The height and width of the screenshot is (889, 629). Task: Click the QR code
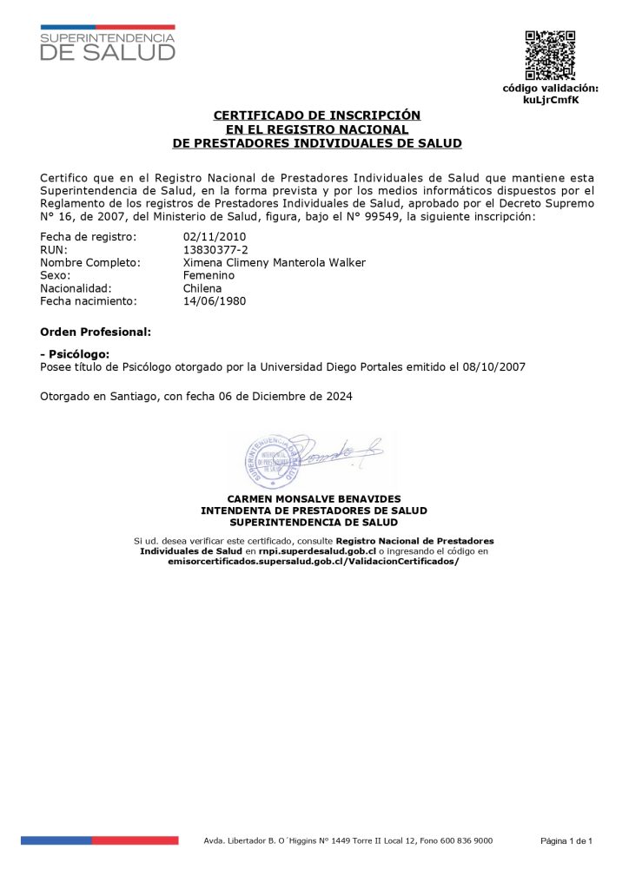(550, 55)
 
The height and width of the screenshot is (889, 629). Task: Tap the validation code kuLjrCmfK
(551, 100)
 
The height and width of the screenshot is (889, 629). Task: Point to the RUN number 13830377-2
(214, 249)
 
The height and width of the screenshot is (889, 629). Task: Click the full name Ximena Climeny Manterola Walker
(275, 262)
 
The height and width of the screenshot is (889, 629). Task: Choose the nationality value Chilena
(202, 288)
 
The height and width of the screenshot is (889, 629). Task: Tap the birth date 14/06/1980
(215, 301)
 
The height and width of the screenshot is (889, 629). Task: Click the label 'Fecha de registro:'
(89, 236)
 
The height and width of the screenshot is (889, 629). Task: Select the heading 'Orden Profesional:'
(96, 333)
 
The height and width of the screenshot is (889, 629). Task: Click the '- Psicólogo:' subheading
(75, 354)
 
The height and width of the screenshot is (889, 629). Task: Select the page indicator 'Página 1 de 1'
(566, 840)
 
